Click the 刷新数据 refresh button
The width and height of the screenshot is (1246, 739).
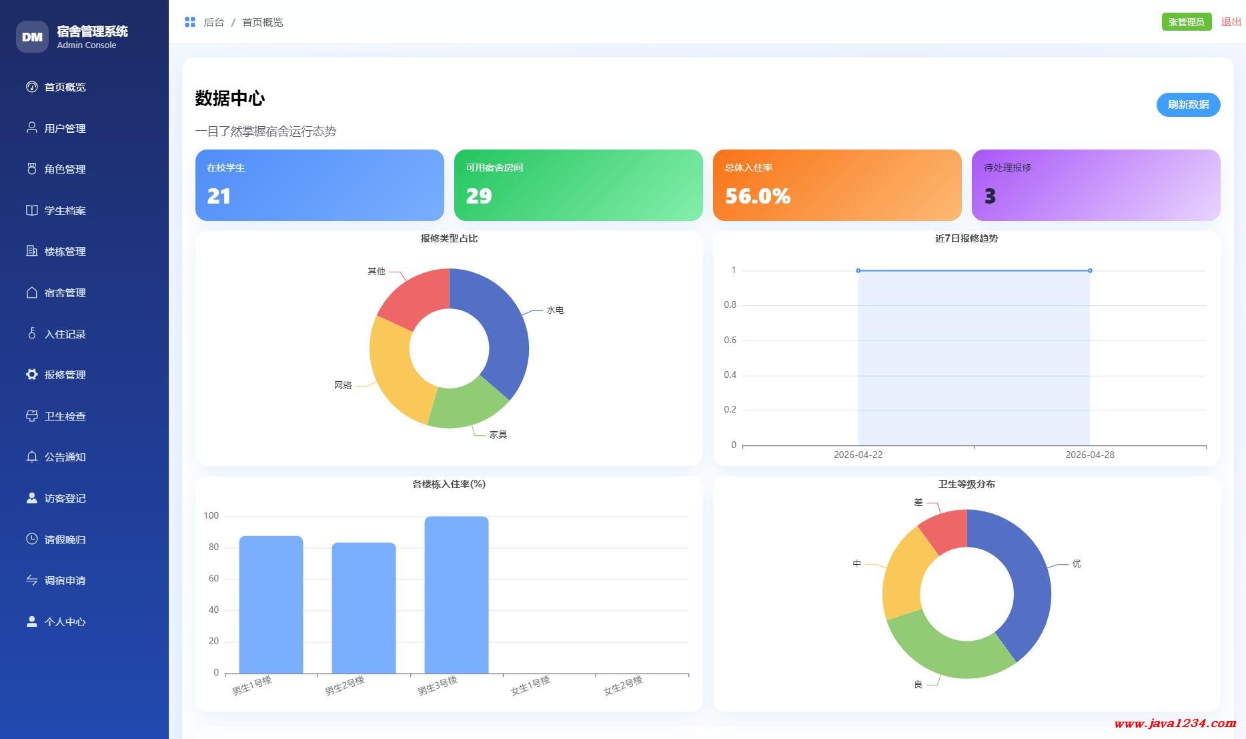click(1188, 105)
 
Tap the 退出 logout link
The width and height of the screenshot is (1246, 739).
click(1231, 22)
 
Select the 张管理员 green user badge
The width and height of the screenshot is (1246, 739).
click(1186, 22)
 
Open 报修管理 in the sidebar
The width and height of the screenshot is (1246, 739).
click(65, 375)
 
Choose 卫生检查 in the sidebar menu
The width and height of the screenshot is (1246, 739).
click(65, 417)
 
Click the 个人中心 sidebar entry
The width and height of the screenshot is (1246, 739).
click(65, 622)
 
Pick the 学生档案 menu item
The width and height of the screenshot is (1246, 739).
click(65, 211)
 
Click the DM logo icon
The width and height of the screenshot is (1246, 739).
click(32, 37)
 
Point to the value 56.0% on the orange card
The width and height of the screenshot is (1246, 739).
click(757, 196)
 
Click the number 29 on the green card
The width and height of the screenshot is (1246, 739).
click(478, 196)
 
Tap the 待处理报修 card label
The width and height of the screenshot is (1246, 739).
click(1007, 168)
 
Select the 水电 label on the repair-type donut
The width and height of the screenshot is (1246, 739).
click(555, 310)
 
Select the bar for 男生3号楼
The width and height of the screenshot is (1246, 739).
click(456, 594)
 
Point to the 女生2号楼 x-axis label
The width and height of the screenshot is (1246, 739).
click(623, 686)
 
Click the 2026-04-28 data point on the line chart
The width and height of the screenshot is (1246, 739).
click(1090, 270)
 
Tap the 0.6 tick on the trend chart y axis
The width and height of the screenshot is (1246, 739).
click(730, 340)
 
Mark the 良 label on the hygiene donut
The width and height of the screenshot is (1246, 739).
click(918, 684)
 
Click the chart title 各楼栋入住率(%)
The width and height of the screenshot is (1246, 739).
click(449, 484)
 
